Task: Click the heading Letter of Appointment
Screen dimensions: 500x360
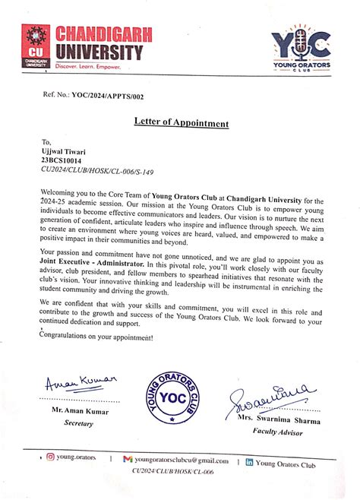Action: coord(181,123)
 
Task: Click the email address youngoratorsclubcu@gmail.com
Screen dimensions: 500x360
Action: coord(182,460)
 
